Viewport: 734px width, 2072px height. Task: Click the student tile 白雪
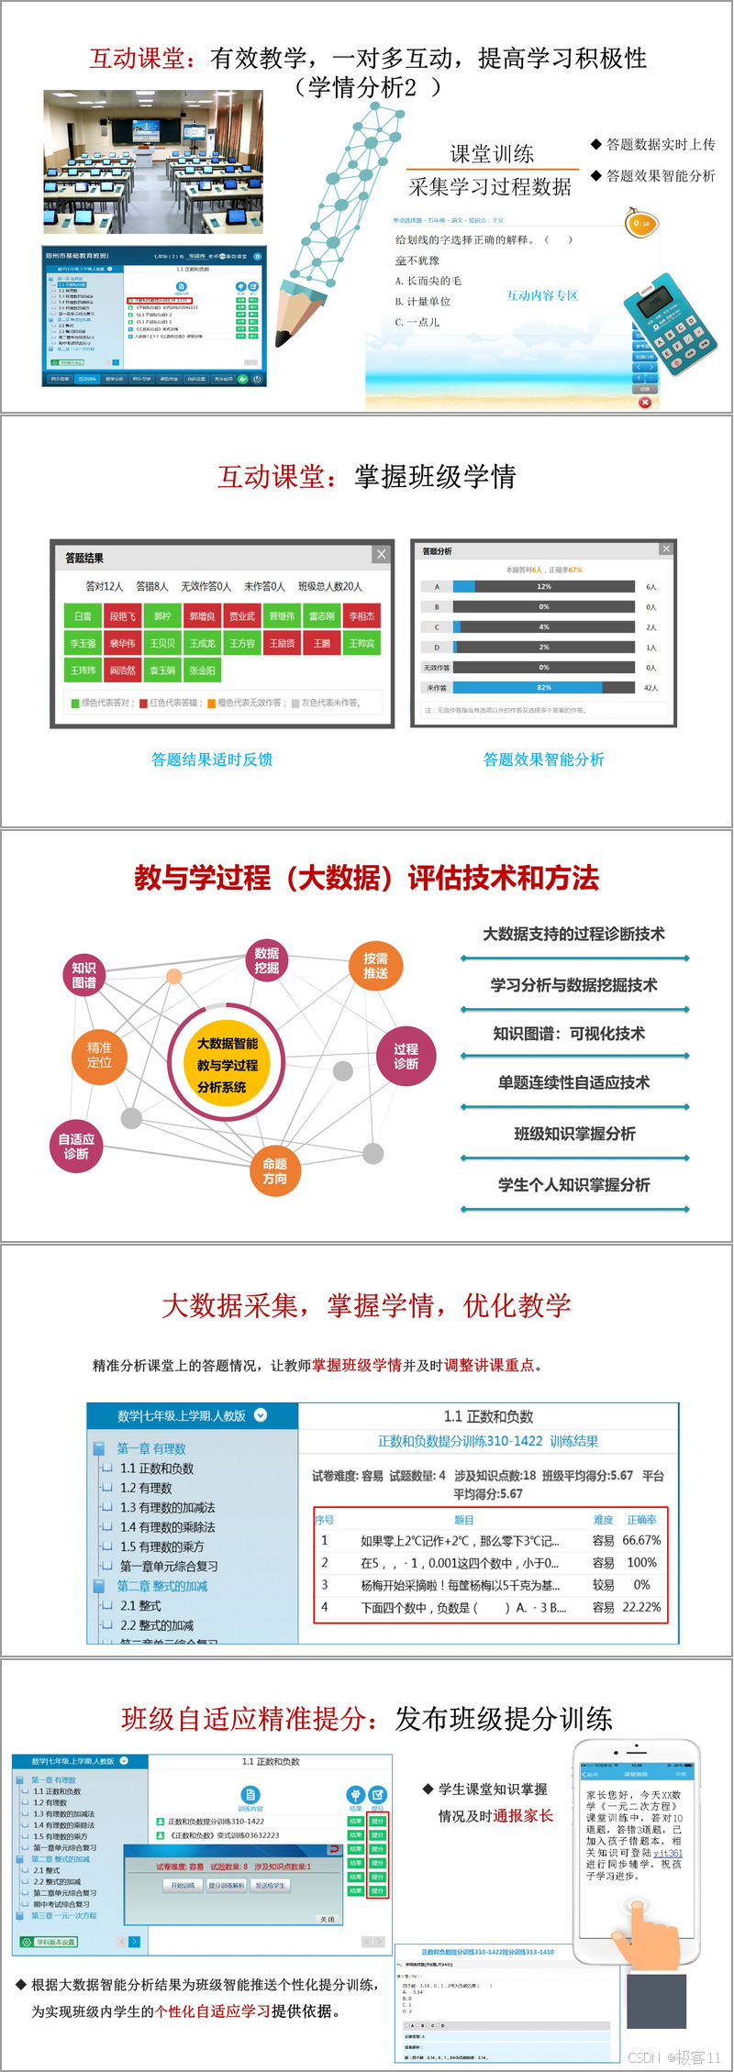click(x=83, y=616)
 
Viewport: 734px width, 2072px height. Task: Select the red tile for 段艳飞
click(x=122, y=616)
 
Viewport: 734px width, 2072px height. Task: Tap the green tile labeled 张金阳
click(x=202, y=670)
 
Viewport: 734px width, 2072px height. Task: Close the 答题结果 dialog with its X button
click(x=382, y=554)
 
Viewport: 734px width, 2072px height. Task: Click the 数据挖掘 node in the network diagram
click(x=267, y=960)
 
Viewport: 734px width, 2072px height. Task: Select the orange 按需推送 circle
click(x=376, y=965)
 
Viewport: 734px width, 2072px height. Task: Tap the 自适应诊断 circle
click(x=76, y=1147)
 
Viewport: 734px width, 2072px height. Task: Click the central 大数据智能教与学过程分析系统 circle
click(x=228, y=1065)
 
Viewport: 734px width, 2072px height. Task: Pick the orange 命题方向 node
click(x=275, y=1170)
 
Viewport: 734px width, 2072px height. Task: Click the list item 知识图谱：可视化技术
click(x=569, y=1034)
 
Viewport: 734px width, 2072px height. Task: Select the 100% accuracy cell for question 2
click(x=641, y=1562)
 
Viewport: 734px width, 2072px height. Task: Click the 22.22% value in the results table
click(x=641, y=1607)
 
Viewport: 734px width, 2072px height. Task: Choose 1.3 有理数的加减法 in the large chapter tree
click(x=168, y=1507)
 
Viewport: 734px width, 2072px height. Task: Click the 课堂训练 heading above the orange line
click(x=492, y=153)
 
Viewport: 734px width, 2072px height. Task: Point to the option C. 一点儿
click(x=417, y=322)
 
